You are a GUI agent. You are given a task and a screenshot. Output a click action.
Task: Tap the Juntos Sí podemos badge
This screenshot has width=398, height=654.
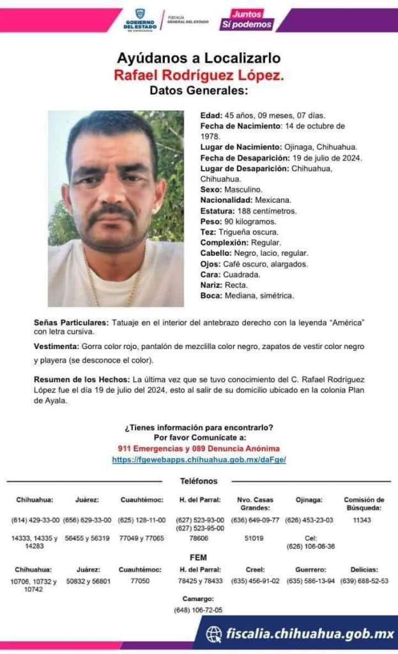point(247,20)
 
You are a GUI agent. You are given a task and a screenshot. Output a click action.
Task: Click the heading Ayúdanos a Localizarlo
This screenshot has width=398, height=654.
point(199,58)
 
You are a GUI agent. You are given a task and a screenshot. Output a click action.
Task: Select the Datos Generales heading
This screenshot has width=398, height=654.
point(198,91)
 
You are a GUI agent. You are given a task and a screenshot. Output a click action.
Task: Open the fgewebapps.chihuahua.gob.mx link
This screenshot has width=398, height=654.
point(199,460)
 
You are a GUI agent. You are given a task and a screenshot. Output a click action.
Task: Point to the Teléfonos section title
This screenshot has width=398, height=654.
point(199,481)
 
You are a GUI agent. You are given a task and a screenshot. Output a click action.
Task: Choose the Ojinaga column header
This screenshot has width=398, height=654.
point(309,500)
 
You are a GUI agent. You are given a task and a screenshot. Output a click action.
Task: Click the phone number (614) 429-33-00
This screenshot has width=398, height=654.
point(35,520)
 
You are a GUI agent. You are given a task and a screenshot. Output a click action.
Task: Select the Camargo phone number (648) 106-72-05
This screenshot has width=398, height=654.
point(198,610)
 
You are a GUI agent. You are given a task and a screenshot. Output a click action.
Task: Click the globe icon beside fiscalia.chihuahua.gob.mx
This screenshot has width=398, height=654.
point(215,634)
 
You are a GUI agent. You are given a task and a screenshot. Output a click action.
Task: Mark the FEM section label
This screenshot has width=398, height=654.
point(199,557)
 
